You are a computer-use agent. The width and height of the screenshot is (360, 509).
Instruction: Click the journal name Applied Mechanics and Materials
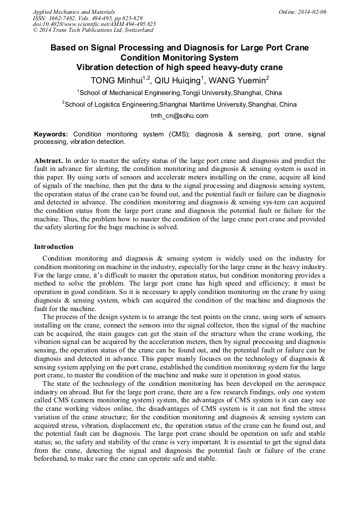pos(74,12)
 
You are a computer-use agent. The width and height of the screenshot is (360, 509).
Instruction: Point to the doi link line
pos(95,24)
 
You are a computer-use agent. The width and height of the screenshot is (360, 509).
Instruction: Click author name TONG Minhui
pos(117,81)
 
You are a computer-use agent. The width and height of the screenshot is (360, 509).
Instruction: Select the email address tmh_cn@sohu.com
pos(179,116)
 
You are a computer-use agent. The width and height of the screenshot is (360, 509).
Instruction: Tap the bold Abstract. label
pos(48,160)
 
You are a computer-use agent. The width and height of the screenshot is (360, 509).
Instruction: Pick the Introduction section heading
pos(54,247)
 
